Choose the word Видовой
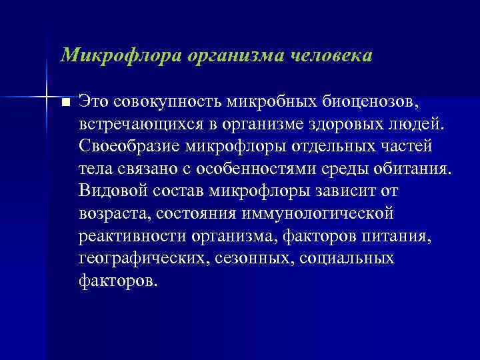pos(109,191)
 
